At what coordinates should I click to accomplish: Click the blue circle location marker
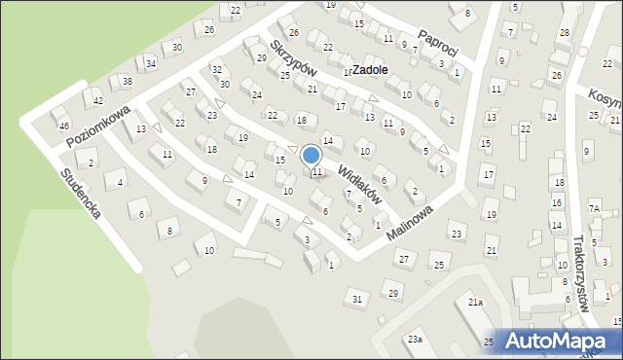point(311,155)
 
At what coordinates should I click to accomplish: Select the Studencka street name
point(80,193)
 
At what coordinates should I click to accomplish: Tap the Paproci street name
point(437,43)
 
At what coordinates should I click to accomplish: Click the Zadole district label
point(371,70)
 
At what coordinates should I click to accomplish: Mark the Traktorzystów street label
point(582,272)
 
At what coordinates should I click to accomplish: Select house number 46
point(64,126)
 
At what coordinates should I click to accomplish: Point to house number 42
point(98,100)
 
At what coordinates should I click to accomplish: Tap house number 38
point(127,81)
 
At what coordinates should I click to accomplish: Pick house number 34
point(151,64)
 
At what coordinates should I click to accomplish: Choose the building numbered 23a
point(415,339)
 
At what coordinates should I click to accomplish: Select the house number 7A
point(594,208)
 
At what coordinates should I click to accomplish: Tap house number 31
point(357,298)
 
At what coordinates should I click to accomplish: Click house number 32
point(217,70)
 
